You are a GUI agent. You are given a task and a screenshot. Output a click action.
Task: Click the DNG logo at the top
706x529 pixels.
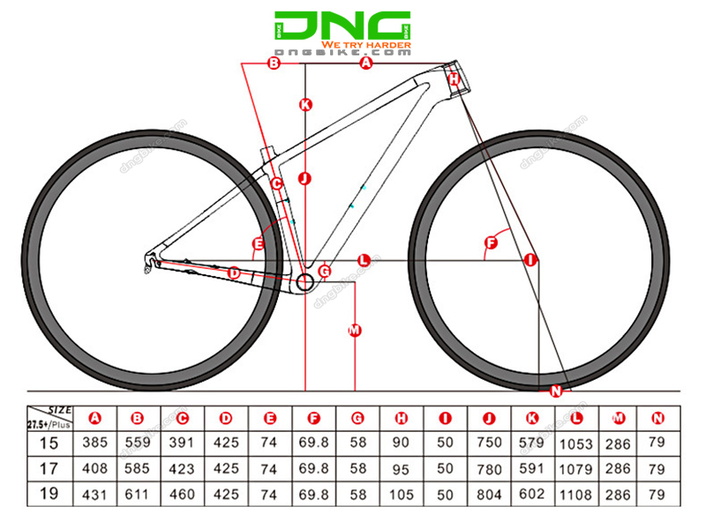pos(342,26)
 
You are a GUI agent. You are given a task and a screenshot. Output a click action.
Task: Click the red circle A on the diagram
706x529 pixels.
pos(367,63)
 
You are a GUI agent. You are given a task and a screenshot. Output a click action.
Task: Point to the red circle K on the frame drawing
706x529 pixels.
pos(305,104)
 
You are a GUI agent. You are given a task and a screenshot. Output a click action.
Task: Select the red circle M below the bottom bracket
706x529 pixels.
pos(355,331)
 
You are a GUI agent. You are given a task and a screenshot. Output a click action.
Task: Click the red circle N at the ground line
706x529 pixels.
pos(556,391)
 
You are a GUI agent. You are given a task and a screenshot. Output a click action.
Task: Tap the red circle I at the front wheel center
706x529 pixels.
pos(530,259)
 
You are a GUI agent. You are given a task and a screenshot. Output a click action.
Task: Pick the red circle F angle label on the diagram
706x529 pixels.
pos(492,242)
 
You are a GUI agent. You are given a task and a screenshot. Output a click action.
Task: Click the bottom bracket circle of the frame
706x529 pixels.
pos(305,283)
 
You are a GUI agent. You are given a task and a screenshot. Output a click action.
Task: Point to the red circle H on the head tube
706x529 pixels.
pos(454,79)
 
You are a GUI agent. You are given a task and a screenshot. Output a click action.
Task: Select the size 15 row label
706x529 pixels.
pos(51,442)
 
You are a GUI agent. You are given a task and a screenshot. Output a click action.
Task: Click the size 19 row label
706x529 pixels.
pos(51,494)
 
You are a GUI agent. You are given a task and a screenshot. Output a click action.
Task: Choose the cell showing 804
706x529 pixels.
pos(490,494)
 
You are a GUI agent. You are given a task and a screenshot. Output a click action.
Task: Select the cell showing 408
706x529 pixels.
pos(94,468)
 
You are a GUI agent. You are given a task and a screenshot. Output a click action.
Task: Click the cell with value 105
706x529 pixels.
pos(402,494)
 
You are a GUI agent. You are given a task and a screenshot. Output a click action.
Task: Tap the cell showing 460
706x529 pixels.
pos(182,494)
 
